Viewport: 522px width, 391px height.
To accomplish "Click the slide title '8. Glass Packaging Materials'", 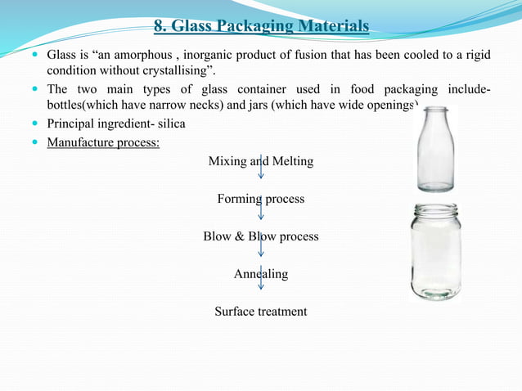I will tap(261, 28).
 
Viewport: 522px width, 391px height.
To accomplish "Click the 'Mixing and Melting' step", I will tap(261, 161).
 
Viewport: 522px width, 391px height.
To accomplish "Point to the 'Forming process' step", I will tap(261, 199).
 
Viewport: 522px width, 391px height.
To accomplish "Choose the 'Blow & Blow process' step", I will tap(261, 236).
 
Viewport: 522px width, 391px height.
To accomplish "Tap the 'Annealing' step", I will tap(261, 274).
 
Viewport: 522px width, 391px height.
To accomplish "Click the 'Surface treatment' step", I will tap(261, 312).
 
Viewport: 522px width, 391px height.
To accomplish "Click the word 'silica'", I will tap(170, 124).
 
